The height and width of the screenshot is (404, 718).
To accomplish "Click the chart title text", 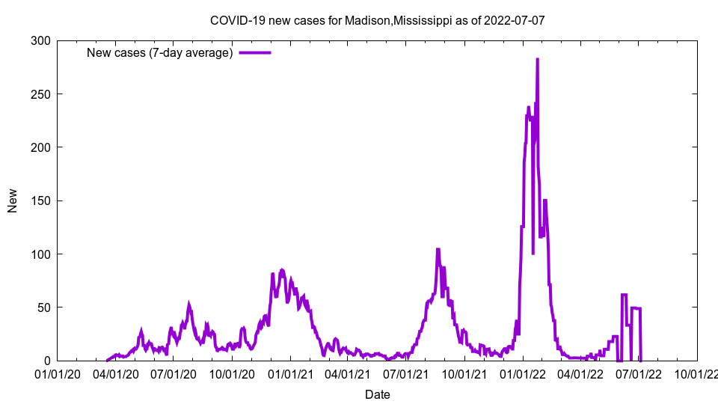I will click(x=377, y=20).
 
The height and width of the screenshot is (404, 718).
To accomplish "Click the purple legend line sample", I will click(x=255, y=52).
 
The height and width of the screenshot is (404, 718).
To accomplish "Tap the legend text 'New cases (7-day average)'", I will click(x=160, y=52).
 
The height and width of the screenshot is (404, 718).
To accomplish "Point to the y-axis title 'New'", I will click(x=13, y=201).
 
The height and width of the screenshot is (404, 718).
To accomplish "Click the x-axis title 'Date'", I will click(x=377, y=394).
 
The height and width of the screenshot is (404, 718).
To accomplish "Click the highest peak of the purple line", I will click(x=537, y=59).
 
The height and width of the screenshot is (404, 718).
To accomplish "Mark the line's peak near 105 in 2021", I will click(x=438, y=249).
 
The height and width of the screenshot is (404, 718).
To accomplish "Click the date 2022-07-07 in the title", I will click(x=514, y=20).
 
